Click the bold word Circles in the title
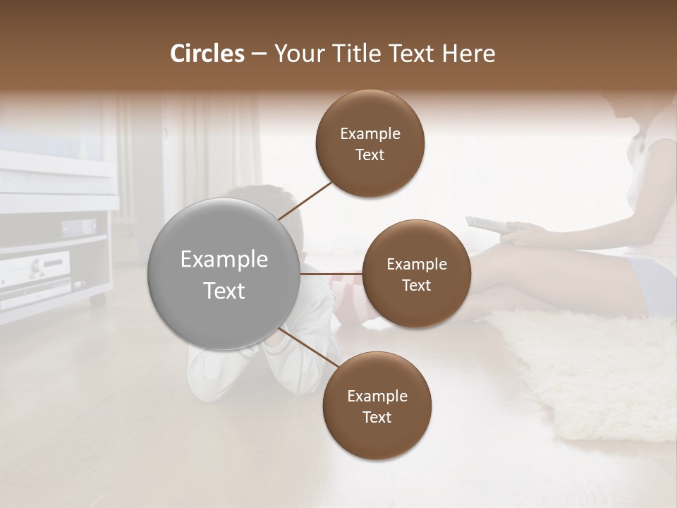click(x=207, y=54)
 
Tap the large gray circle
click(x=224, y=274)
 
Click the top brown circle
click(x=370, y=144)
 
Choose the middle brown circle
click(x=416, y=274)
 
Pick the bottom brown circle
click(x=377, y=406)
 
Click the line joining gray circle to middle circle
click(x=331, y=274)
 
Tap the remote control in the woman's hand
click(x=486, y=224)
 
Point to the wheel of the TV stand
click(x=97, y=300)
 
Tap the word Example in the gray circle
click(x=224, y=260)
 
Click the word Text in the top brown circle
click(x=370, y=155)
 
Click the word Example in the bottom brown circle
click(x=377, y=396)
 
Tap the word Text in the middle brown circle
click(x=416, y=285)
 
